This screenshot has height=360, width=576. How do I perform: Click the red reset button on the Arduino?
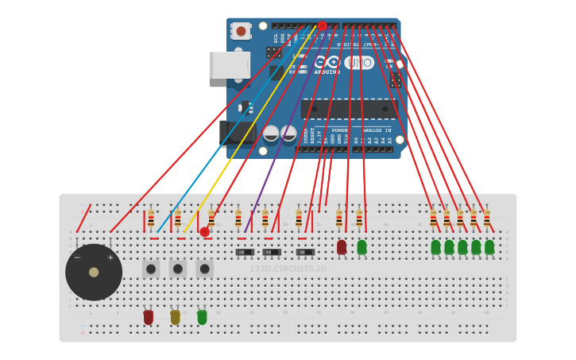coord(241,31)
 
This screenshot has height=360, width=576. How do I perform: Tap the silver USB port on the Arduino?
coord(230,65)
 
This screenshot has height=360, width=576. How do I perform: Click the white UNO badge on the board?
coord(359,62)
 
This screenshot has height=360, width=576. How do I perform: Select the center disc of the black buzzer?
coord(94,273)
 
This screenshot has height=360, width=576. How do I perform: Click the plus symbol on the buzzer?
coord(110,257)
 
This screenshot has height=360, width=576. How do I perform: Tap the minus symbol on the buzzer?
coord(77,257)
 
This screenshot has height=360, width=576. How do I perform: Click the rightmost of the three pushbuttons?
coord(205,269)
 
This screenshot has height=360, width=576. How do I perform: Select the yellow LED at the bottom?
coord(176,317)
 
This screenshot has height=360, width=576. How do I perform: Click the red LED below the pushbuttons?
coord(149,317)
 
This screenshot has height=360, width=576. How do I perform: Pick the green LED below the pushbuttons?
coord(202,317)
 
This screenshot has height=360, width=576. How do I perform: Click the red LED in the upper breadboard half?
coord(342,247)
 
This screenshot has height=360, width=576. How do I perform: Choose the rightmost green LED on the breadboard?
coord(489,247)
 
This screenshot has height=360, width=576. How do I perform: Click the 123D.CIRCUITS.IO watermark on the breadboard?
coord(288,269)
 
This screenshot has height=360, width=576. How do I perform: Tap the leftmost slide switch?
coord(245,252)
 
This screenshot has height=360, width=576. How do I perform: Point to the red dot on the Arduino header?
coord(322,26)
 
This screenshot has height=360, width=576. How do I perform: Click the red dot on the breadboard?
coord(205,232)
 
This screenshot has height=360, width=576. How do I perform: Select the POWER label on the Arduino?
coord(339,130)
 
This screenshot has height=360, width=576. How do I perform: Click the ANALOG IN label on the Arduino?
coord(377,130)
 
